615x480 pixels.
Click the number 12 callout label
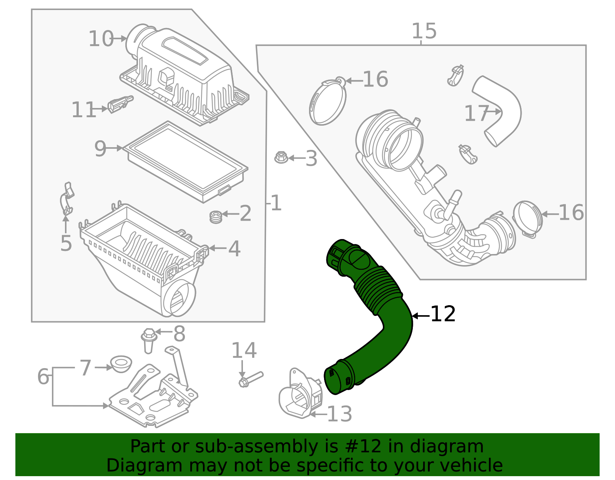[443, 314]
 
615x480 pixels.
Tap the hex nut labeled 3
[281, 157]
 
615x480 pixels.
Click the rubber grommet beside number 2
[216, 217]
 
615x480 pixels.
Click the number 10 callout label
[101, 39]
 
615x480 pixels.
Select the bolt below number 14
[250, 379]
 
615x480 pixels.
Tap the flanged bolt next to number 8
[149, 340]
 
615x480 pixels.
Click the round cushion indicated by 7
[121, 364]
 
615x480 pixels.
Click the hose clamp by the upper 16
[327, 102]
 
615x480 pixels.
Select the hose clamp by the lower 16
[528, 218]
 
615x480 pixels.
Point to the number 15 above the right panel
[424, 32]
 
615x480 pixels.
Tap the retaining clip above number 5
[67, 199]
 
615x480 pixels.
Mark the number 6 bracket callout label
[43, 377]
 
